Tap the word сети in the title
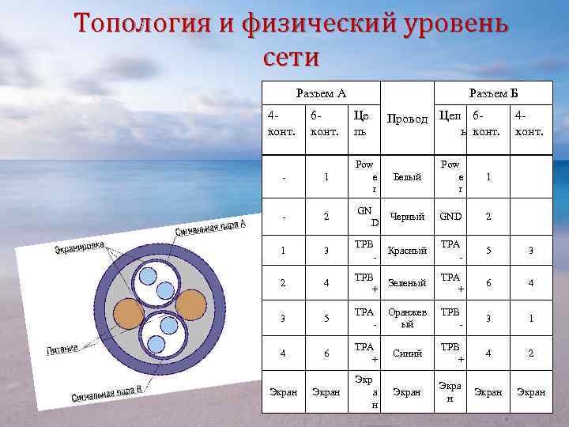(x=288, y=57)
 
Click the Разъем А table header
(x=320, y=93)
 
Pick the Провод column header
(x=406, y=119)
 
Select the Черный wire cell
(x=407, y=216)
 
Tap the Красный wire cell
(x=408, y=250)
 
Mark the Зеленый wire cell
(x=408, y=282)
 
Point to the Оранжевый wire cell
(x=406, y=318)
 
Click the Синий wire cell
(x=407, y=353)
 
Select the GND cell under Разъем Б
(x=451, y=216)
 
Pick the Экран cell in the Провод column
(x=407, y=391)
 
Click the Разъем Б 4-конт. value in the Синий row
(x=530, y=353)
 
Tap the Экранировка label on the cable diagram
(x=79, y=248)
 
